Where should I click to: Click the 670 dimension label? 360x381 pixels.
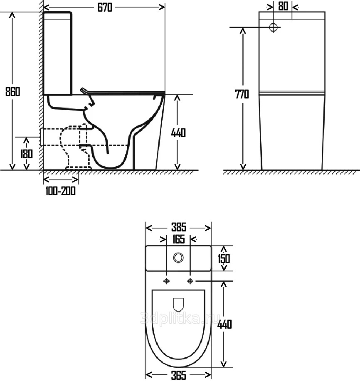105,7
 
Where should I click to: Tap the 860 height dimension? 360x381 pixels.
12,91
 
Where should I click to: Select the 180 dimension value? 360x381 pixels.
26,154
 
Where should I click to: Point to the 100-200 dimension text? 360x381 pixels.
61,191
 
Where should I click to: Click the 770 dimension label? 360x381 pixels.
242,94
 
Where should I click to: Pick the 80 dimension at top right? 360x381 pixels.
283,6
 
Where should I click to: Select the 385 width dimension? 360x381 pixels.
179,227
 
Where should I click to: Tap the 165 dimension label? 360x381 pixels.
179,239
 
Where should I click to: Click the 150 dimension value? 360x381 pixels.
224,258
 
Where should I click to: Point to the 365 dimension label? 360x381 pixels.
179,375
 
